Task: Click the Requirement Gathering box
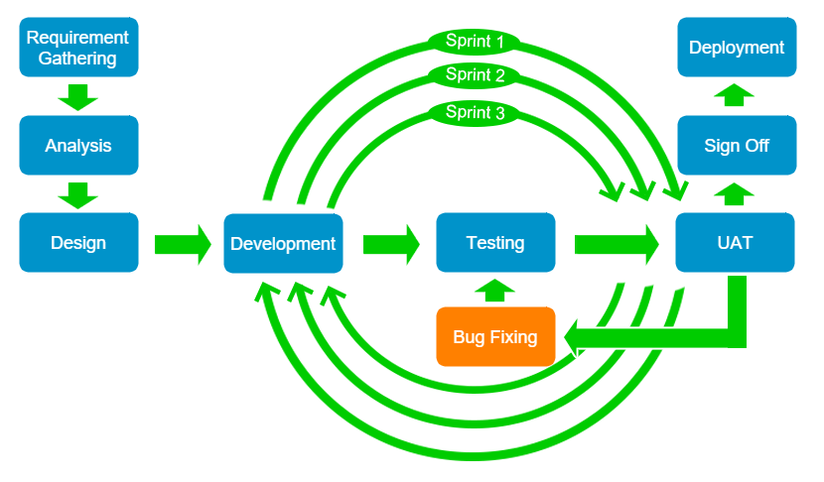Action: tap(77, 47)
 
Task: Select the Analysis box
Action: tap(77, 146)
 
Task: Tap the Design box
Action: tap(77, 242)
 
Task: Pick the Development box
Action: tap(283, 243)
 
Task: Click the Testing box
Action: tap(495, 242)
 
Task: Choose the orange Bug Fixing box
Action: tap(495, 337)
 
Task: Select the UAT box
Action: tap(736, 242)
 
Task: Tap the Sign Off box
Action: tap(736, 146)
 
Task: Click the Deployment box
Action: tap(736, 47)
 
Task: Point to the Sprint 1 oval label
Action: tap(475, 42)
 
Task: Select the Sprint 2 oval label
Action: tap(475, 74)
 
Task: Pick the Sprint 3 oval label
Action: tap(475, 112)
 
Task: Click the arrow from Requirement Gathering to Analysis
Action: tap(77, 96)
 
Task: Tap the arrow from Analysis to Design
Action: tap(77, 193)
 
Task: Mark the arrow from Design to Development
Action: tap(183, 243)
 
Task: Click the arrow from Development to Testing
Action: tap(391, 243)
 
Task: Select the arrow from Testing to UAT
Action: tap(617, 243)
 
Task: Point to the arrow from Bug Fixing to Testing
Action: tap(495, 290)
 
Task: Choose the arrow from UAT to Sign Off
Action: tap(736, 193)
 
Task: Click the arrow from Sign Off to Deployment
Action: tap(736, 96)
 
